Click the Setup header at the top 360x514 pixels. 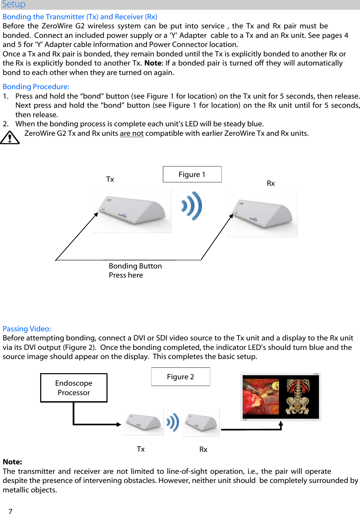[x=14, y=4]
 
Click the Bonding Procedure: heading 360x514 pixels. [x=36, y=87]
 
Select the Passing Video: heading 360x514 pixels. [x=27, y=329]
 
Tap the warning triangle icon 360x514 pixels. [x=10, y=138]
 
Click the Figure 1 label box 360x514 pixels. [x=192, y=175]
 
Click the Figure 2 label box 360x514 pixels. [x=181, y=377]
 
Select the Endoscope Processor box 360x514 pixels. [x=74, y=388]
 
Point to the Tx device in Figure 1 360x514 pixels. [x=132, y=211]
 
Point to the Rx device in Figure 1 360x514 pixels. [x=262, y=214]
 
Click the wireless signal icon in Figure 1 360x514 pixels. [x=192, y=206]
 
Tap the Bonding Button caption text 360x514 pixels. [x=135, y=266]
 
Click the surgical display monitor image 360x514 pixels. [x=281, y=397]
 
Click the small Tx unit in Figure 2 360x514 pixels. [x=143, y=422]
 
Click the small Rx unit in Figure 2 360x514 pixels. [x=201, y=423]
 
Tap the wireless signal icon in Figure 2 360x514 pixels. [x=173, y=422]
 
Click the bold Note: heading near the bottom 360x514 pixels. [x=13, y=462]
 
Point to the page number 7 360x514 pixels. [x=10, y=511]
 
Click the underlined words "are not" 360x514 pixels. [x=132, y=133]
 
